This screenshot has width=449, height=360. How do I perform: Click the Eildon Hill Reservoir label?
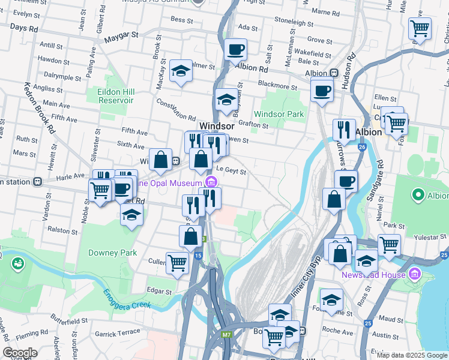point(115,96)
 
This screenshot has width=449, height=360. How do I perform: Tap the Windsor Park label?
point(279,114)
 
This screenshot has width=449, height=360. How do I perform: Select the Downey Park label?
point(112,253)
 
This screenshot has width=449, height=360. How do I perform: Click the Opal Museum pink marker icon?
point(211,182)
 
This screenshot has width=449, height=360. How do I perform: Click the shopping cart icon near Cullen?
point(177,262)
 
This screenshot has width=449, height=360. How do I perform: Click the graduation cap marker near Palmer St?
point(180,71)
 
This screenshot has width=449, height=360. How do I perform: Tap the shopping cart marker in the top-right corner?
point(420,28)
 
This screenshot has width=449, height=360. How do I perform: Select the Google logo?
point(20,353)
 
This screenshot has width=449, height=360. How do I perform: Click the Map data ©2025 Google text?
point(412,355)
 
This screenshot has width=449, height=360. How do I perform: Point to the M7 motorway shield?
point(226,334)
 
